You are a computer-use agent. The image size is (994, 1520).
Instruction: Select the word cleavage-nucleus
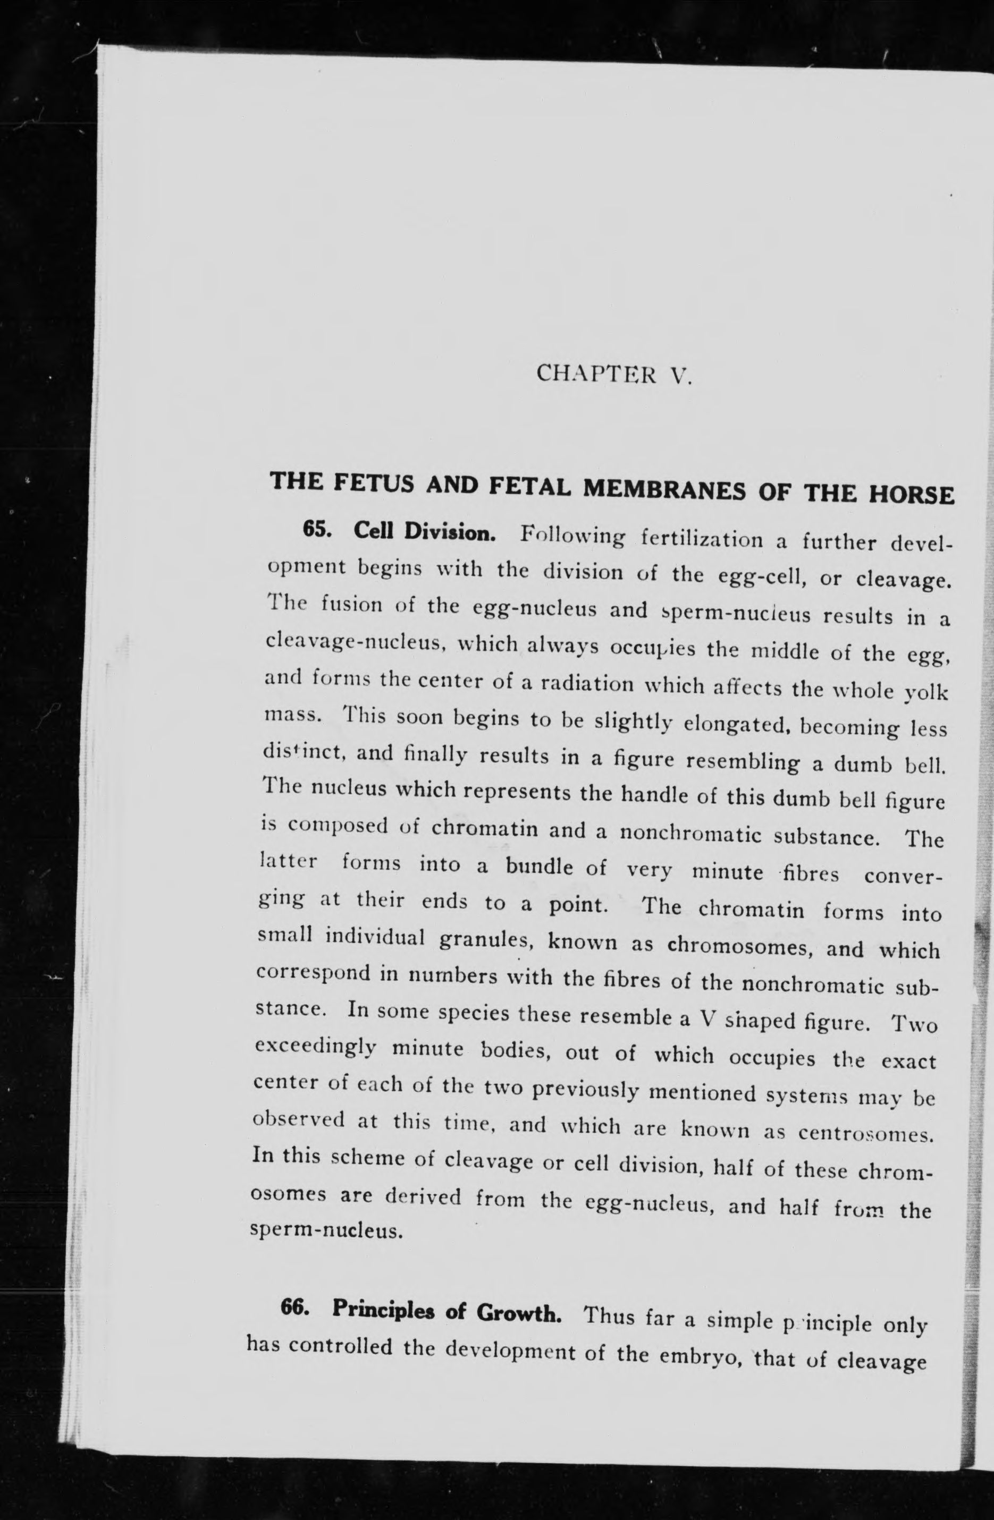click(x=355, y=641)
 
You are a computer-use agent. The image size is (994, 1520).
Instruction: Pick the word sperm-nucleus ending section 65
click(x=326, y=1229)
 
